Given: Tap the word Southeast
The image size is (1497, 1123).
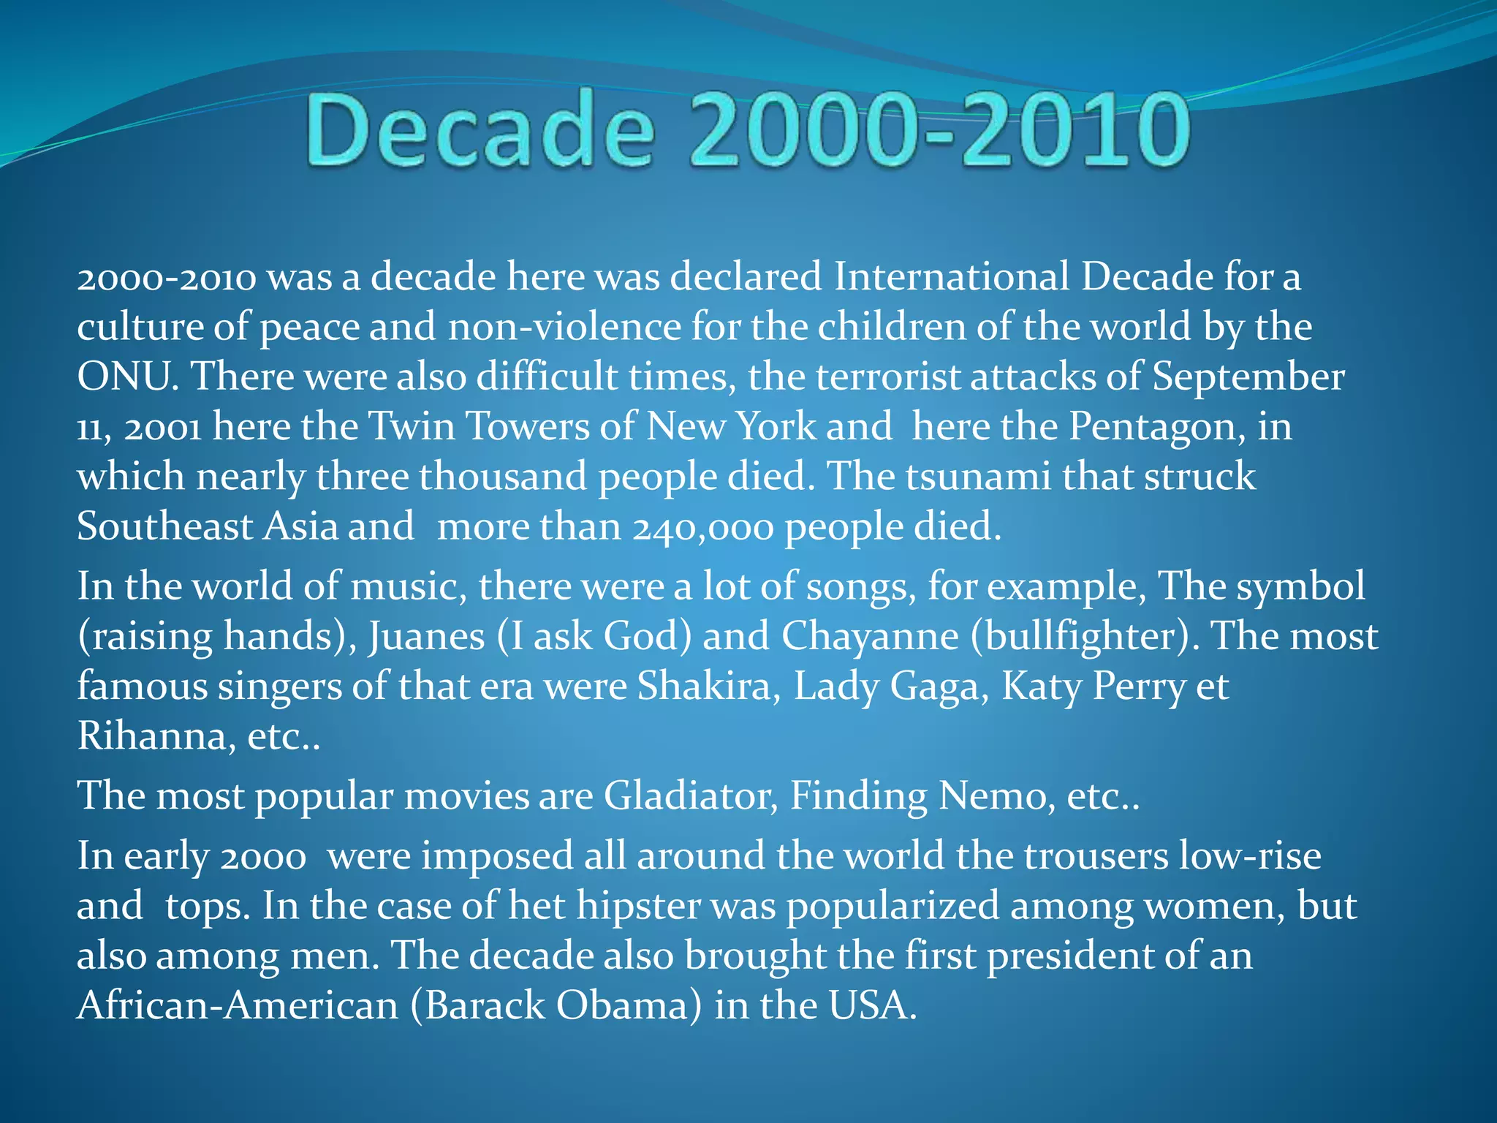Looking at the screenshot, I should pos(164,526).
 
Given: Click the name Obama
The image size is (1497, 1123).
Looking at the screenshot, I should pos(623,1006).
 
